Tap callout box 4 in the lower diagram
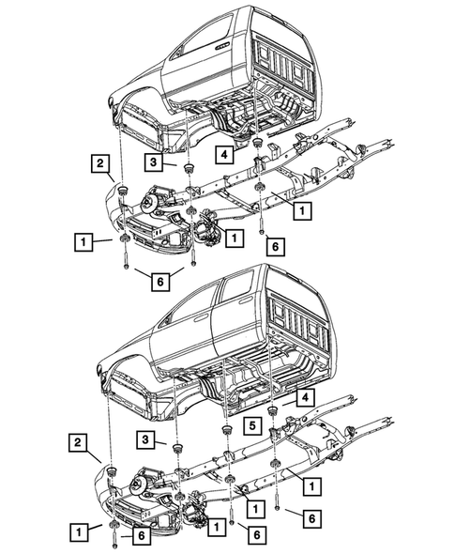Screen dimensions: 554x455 coord(306,397)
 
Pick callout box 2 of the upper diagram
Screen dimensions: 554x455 coord(99,165)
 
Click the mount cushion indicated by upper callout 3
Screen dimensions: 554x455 coord(189,168)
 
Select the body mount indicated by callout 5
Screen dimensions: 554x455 coord(226,430)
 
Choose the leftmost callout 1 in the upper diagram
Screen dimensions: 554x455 coord(84,243)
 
